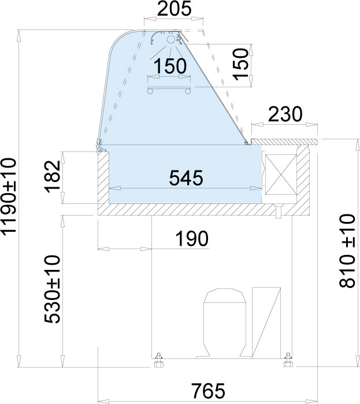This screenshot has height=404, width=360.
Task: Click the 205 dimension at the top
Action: click(174, 9)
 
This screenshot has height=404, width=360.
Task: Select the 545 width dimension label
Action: click(186, 178)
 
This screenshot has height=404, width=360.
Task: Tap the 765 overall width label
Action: click(209, 391)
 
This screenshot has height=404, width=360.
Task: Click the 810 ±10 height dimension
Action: click(347, 251)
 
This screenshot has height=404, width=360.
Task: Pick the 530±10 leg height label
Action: click(53, 289)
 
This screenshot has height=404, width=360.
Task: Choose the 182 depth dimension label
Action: click(53, 176)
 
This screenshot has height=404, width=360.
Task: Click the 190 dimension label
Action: click(192, 239)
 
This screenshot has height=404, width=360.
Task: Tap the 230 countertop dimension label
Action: click(285, 114)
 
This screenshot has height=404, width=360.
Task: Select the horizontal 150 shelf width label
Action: click(170, 66)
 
